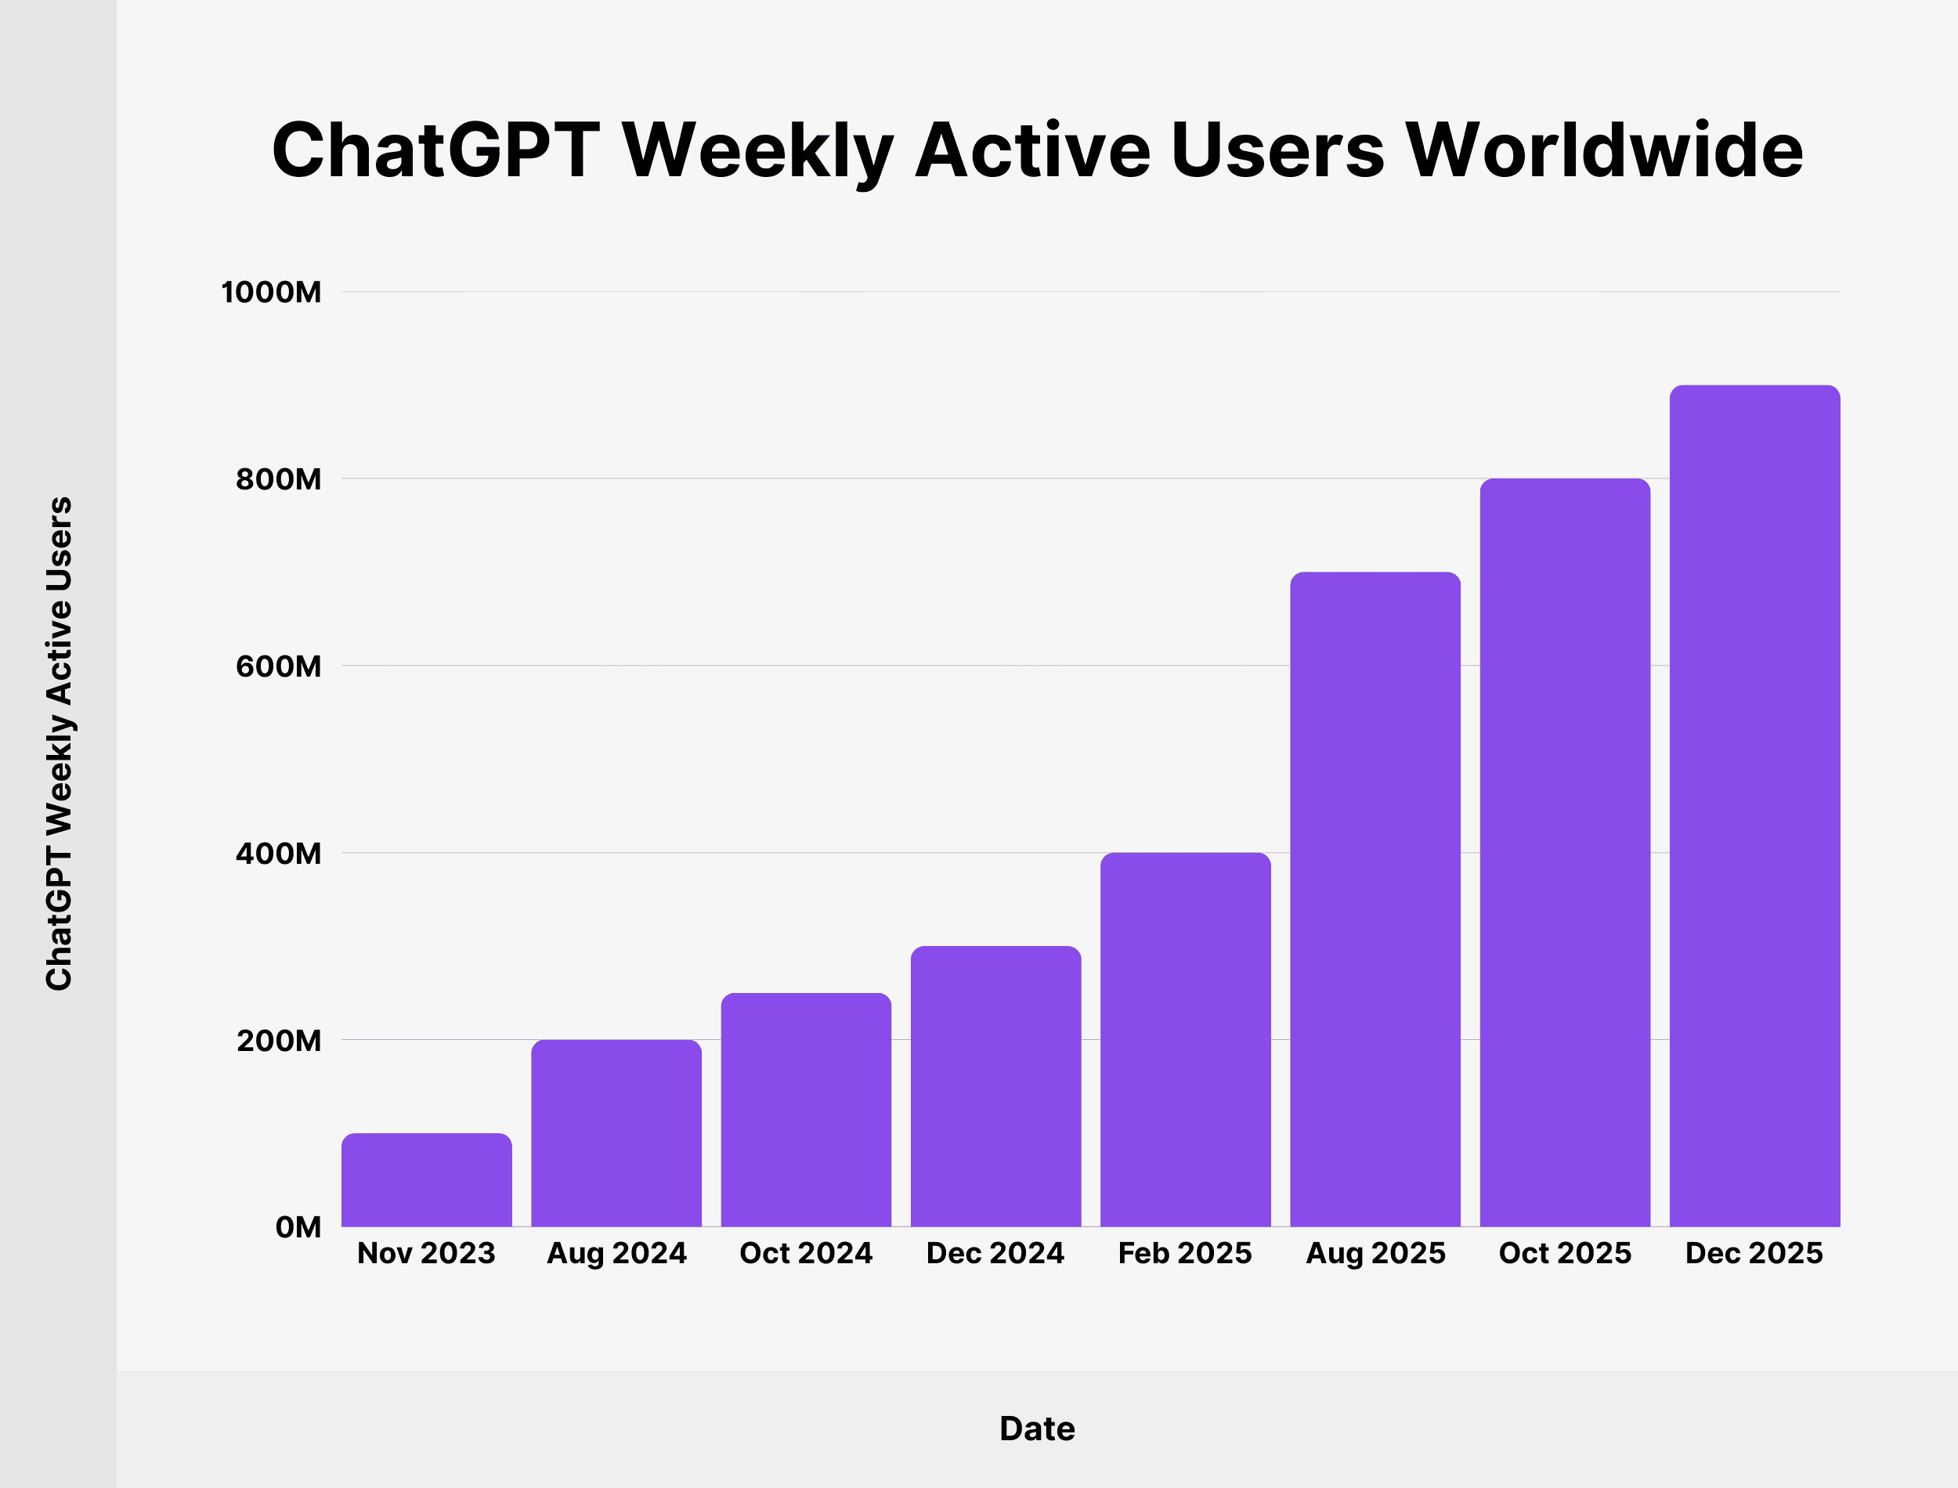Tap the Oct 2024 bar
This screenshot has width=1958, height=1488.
point(806,1110)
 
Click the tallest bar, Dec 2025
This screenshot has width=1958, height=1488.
point(1754,806)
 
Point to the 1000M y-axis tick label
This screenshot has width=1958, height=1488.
point(271,292)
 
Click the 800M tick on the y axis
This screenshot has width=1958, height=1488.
point(278,479)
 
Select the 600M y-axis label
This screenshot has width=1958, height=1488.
point(278,666)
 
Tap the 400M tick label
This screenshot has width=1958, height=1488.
point(278,853)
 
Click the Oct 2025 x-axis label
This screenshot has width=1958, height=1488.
point(1565,1253)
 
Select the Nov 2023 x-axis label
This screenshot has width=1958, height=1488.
point(426,1253)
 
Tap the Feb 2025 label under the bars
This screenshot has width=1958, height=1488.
point(1185,1253)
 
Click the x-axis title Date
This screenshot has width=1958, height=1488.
point(1037,1428)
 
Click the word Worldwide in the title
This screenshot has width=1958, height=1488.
point(1604,150)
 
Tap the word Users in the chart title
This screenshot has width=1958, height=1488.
point(1277,150)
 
